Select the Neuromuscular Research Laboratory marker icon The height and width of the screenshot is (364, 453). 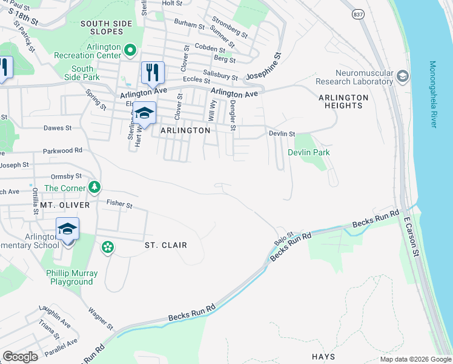[x=403, y=76]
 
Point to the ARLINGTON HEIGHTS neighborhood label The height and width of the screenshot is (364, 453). [x=343, y=101]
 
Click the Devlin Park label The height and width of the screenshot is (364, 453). [x=309, y=152]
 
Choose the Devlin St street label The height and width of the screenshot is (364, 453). [x=282, y=133]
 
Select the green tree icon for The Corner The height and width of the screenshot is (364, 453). [x=94, y=187]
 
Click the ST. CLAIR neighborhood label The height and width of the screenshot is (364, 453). [x=165, y=245]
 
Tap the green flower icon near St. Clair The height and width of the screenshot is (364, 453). [x=107, y=246]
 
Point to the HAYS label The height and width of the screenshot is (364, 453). [x=323, y=357]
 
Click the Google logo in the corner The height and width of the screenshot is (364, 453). [x=20, y=357]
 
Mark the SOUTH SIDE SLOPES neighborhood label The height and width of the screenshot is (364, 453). [x=106, y=27]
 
